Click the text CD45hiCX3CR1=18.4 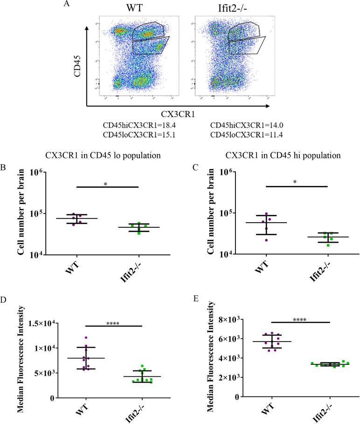tap(135, 126)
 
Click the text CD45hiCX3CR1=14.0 tap(242, 126)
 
